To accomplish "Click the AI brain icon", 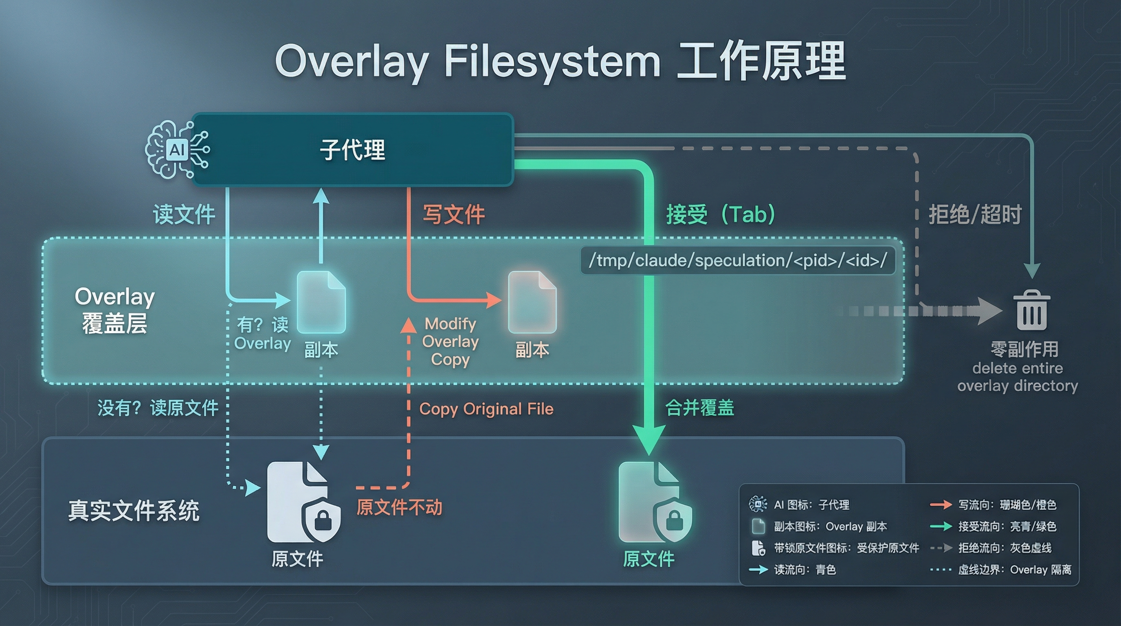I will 176,150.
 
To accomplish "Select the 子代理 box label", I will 352,150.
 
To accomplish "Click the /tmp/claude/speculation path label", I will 738,260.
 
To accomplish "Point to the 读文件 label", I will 184,215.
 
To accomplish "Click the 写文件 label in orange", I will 453,215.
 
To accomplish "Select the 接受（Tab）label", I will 721,215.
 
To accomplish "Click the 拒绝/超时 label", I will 975,215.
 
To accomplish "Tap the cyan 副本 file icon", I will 321,302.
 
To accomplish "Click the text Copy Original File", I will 486,409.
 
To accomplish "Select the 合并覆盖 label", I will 700,408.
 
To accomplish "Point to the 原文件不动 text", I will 399,507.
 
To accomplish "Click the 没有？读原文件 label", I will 158,408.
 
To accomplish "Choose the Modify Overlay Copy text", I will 451,342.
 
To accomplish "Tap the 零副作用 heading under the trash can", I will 1018,349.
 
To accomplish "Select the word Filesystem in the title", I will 552,62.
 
